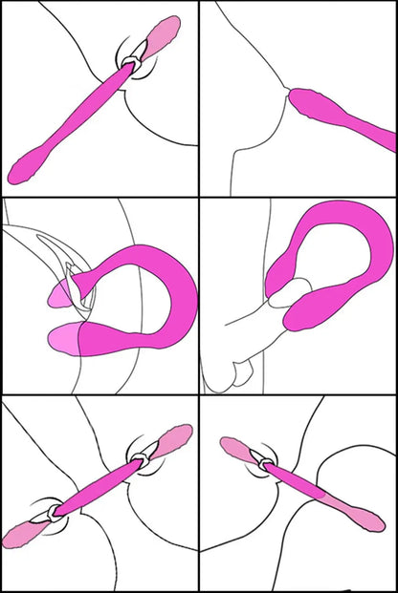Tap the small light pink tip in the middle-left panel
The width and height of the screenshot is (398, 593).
coord(58,299)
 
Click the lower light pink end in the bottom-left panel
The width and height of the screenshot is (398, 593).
coord(23,533)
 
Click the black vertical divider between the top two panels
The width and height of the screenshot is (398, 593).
coord(199,95)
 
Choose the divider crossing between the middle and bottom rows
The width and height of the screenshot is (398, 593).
coord(199,394)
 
